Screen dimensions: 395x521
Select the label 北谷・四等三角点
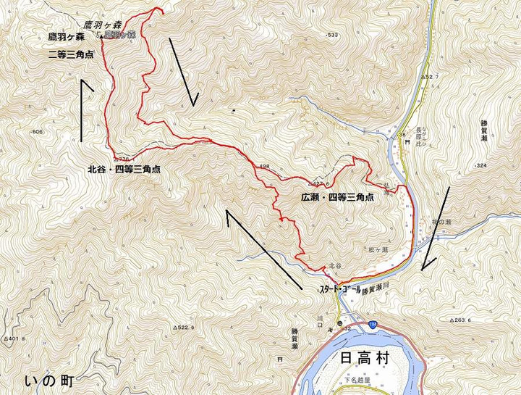[x=124, y=170]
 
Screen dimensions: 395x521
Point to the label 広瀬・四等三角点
[x=336, y=196]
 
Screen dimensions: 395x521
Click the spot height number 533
[x=332, y=35]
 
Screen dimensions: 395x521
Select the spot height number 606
[x=38, y=132]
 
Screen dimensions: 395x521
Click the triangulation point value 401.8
[x=16, y=338]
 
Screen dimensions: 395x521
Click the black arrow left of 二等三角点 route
[x=86, y=109]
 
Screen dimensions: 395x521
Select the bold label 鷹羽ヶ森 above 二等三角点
[x=62, y=38]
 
